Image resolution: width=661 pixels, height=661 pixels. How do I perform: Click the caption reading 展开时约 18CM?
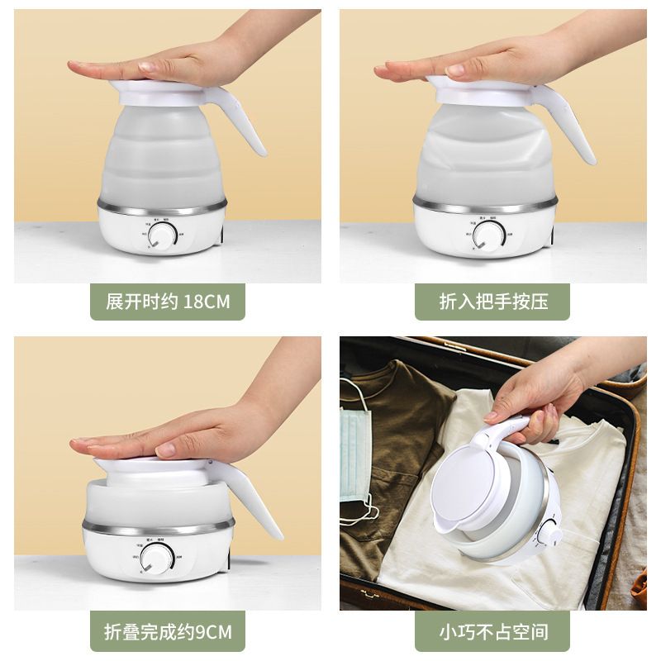pos(168,302)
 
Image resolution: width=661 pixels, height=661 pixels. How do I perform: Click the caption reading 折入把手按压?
pos(493,302)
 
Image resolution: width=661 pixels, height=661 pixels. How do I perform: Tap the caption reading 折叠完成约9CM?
pos(168,633)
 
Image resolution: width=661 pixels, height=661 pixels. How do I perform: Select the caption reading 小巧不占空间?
pos(493,633)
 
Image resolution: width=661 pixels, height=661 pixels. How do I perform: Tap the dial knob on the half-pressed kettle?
pos(487,235)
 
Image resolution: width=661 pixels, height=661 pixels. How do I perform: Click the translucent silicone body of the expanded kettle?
pos(161,157)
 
